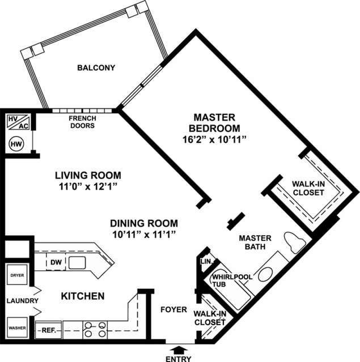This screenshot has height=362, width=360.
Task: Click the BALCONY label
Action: click(96, 68)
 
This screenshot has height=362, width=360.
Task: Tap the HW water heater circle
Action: click(16, 144)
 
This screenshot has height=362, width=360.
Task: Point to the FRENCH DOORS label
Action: click(82, 122)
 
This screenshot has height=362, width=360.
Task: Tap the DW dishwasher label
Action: click(54, 262)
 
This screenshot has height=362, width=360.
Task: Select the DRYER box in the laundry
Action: click(15, 276)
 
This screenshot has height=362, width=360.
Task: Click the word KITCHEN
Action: click(82, 296)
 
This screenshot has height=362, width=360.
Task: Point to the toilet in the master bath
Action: click(295, 243)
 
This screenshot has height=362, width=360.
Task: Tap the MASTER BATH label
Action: click(255, 242)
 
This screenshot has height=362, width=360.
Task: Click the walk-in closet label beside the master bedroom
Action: click(308, 188)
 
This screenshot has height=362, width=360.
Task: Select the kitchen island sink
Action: click(77, 262)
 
